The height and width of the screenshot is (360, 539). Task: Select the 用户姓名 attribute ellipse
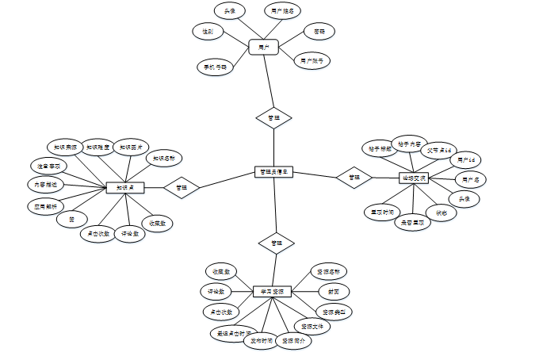(x=281, y=10)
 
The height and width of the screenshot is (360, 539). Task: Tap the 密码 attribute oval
(x=319, y=32)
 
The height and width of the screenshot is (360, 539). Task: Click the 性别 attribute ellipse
(x=208, y=30)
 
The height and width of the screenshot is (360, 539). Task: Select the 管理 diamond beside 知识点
(x=182, y=187)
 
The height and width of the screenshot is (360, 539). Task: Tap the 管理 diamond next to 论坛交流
(x=354, y=178)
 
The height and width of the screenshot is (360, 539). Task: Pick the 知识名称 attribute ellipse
(x=164, y=158)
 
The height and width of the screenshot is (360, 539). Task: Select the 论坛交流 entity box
(x=414, y=178)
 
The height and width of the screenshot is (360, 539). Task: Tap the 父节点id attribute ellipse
(x=438, y=150)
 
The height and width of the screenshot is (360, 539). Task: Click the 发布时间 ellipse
(x=258, y=341)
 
